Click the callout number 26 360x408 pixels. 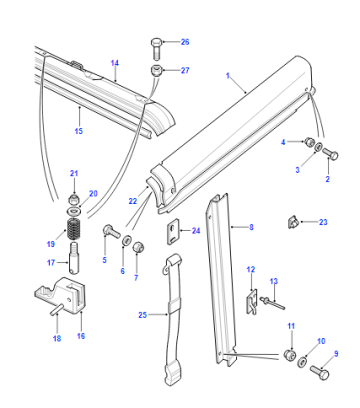point(185,42)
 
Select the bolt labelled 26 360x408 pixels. point(156,49)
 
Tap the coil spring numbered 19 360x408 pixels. point(74,229)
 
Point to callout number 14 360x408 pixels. point(115,63)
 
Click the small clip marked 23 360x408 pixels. point(292,222)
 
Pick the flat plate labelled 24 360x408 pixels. point(173,230)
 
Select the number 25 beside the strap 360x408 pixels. point(142,315)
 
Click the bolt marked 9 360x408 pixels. point(320,372)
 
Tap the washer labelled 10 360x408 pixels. point(303,362)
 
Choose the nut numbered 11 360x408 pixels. point(289,354)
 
